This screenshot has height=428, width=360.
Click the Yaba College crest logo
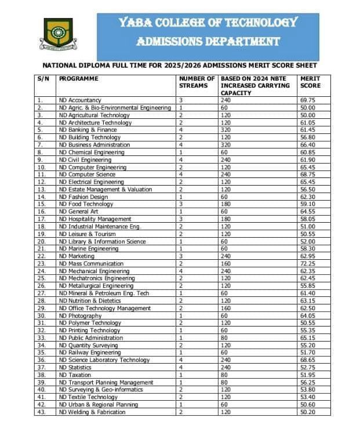(x=57, y=34)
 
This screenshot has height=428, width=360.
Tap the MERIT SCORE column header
(x=310, y=82)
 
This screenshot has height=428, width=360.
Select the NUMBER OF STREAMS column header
(x=197, y=82)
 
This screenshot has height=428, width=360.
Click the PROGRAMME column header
(x=79, y=78)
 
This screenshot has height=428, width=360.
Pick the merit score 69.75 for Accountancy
(x=308, y=100)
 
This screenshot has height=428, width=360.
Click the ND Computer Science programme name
(x=87, y=175)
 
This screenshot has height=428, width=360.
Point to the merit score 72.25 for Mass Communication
(x=308, y=264)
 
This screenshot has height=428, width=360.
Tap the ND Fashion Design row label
(x=83, y=197)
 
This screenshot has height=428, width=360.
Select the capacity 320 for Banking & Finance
(x=226, y=130)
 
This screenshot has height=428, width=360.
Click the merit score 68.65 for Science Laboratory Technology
(x=308, y=360)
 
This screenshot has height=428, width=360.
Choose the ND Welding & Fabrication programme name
(x=92, y=412)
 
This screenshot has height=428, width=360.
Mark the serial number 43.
(x=41, y=412)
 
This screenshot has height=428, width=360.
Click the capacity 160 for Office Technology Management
(x=226, y=309)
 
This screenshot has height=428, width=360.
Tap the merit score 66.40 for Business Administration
(x=308, y=145)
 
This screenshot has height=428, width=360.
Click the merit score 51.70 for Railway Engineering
(x=308, y=353)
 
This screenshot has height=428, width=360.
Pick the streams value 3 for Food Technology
(x=181, y=204)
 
